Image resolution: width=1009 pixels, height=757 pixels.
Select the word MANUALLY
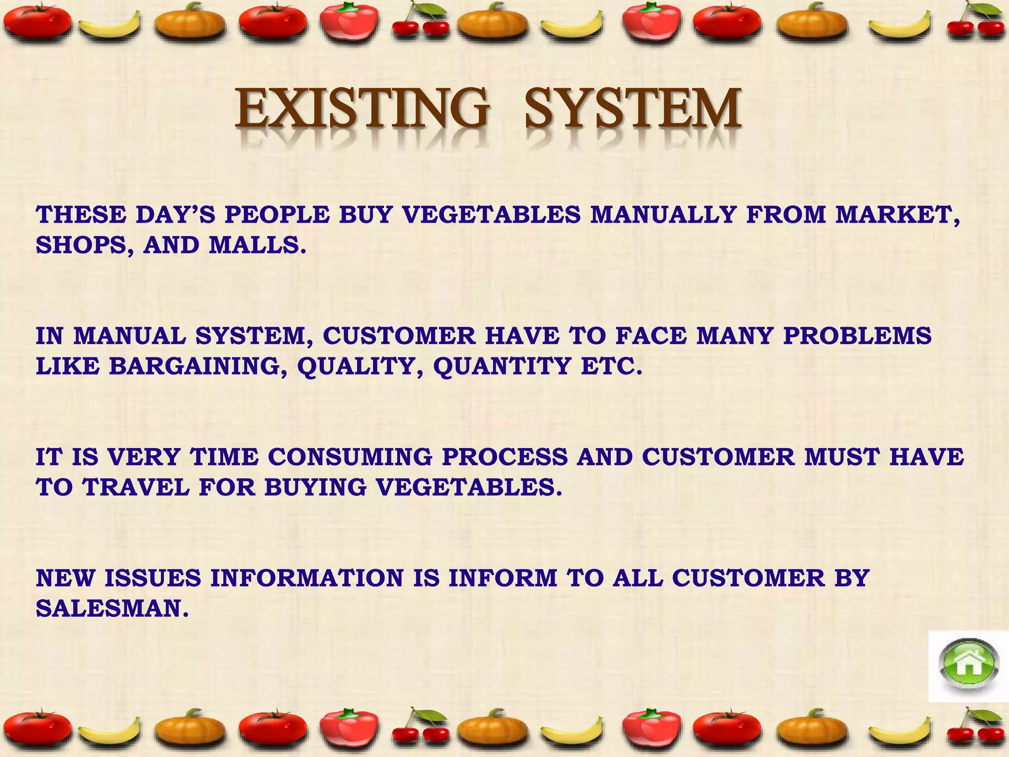[663, 215]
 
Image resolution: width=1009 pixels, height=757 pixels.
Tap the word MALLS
[257, 245]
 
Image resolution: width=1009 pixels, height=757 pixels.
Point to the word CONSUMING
[350, 457]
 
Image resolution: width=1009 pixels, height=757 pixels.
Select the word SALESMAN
[112, 609]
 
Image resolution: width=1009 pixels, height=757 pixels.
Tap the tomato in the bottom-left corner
[37, 731]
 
